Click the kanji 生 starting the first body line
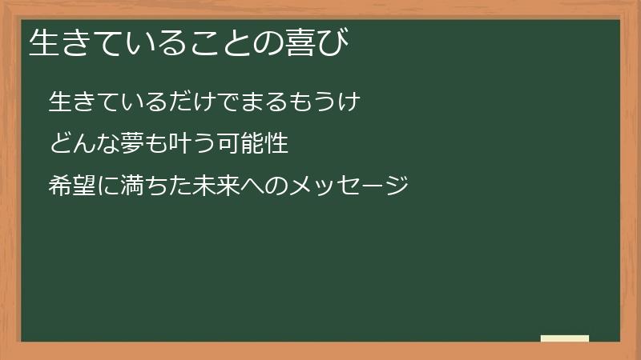point(61,102)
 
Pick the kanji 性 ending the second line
point(276,145)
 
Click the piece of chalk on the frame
point(565,338)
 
